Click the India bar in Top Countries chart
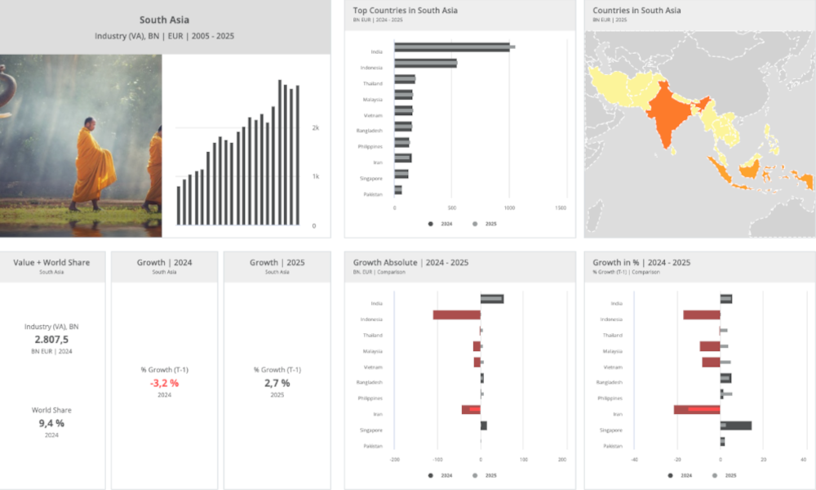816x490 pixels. [453, 48]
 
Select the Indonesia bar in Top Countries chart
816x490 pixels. [425, 64]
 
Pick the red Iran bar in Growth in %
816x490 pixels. [697, 409]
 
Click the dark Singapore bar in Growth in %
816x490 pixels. [736, 425]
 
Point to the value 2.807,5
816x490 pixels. [51, 339]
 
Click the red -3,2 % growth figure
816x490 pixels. [164, 382]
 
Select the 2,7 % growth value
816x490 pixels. [277, 382]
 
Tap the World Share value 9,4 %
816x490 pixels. [51, 422]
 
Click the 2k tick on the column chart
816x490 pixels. [316, 128]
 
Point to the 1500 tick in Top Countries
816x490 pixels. [561, 208]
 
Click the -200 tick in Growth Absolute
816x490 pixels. [395, 460]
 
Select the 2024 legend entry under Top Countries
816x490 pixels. [441, 224]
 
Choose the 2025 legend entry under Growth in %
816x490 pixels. [725, 475]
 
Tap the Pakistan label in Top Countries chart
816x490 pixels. [372, 194]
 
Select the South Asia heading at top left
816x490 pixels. [164, 20]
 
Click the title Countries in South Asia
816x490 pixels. [636, 11]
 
